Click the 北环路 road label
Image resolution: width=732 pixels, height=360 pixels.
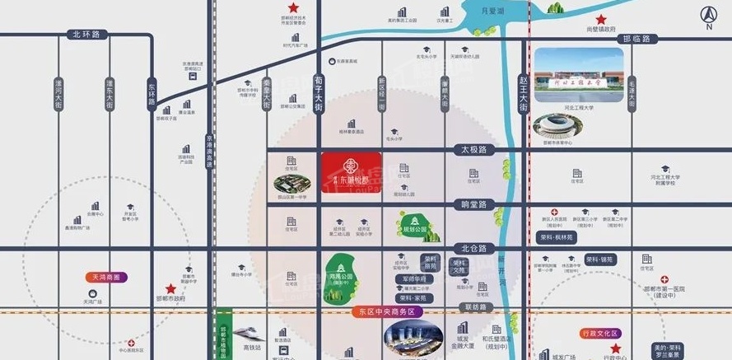click(x=85, y=35)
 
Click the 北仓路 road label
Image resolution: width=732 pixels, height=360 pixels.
click(x=475, y=247)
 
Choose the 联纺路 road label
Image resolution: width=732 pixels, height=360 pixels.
click(x=475, y=307)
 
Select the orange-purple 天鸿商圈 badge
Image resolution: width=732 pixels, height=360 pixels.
click(x=106, y=278)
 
